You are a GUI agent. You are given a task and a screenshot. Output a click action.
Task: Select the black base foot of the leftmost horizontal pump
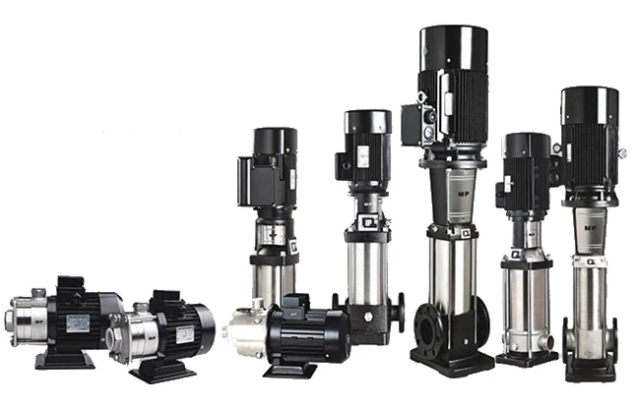click(x=64, y=360)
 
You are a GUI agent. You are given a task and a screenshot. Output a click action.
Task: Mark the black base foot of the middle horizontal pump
click(x=161, y=372)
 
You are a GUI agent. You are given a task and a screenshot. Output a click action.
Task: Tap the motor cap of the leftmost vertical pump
click(x=274, y=141)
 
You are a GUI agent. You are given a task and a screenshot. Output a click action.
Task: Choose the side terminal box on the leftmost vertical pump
click(x=245, y=182)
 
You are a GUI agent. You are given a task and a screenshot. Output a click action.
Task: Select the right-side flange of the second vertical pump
click(x=398, y=314)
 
